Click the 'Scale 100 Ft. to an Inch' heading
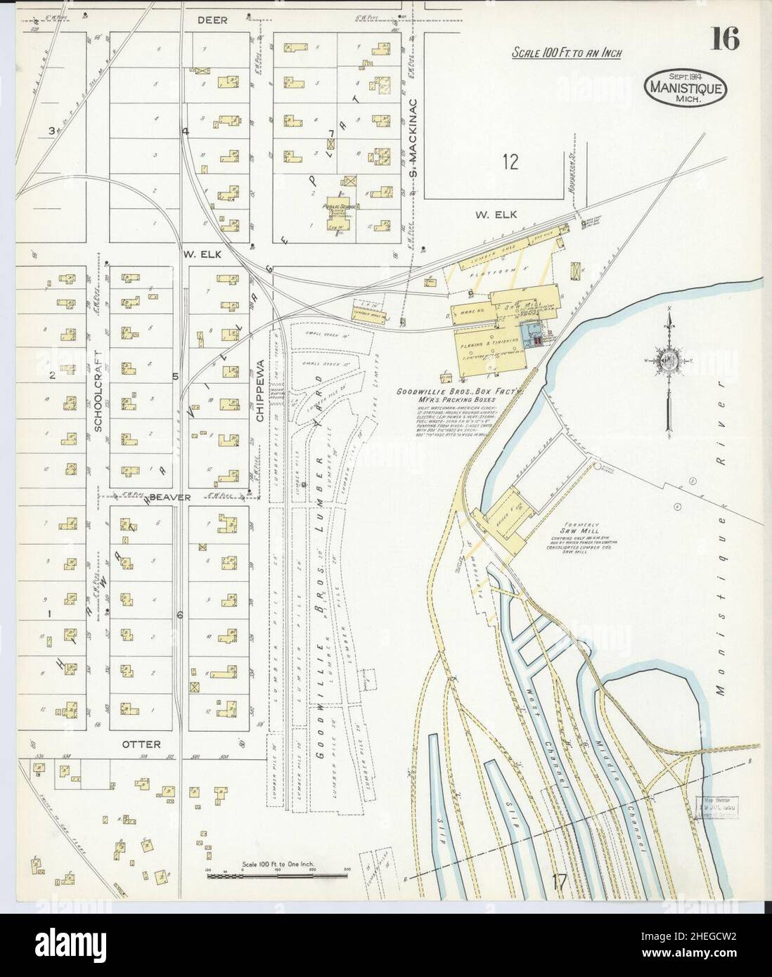pos(566,53)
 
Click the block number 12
pos(510,162)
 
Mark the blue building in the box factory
pos(529,332)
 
